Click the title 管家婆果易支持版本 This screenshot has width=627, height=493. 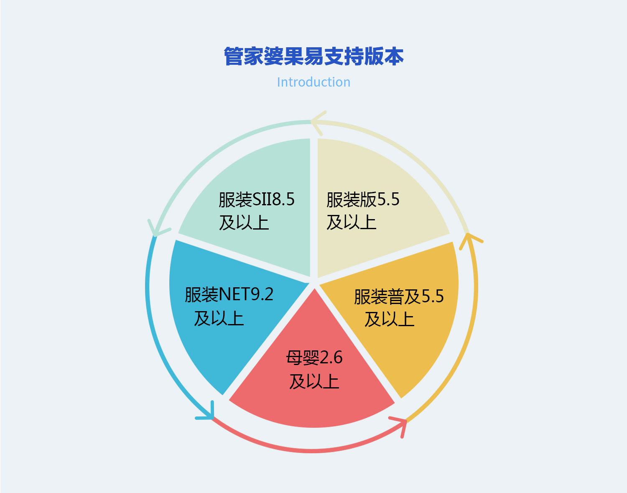point(313,56)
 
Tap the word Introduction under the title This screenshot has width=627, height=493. point(313,82)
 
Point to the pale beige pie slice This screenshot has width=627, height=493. point(376,167)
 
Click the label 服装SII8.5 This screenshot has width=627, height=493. point(257,199)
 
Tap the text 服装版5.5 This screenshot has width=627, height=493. point(363,199)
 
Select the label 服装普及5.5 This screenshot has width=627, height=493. point(399,296)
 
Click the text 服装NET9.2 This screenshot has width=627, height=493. point(229,295)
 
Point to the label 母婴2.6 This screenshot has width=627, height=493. point(314,358)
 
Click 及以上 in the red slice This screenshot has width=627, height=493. point(314,381)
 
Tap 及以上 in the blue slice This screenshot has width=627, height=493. point(219,318)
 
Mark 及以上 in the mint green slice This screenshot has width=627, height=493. point(244,222)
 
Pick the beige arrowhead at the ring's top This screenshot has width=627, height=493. point(318,122)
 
